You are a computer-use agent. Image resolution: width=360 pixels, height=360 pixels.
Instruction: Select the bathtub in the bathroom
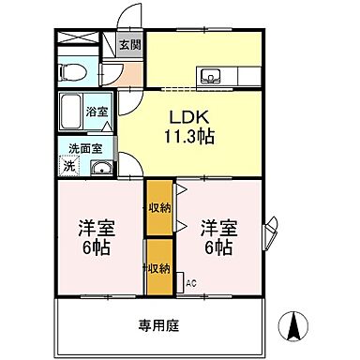(72, 112)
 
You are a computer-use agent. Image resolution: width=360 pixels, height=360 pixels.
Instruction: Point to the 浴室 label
(97, 112)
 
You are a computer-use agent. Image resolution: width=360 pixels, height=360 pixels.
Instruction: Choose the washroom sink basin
(100, 169)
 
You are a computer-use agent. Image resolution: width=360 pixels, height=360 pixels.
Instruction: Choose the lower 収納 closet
(158, 268)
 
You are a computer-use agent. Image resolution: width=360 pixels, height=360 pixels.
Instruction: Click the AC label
(190, 282)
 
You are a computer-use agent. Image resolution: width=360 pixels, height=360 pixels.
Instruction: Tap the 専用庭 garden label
(158, 325)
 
